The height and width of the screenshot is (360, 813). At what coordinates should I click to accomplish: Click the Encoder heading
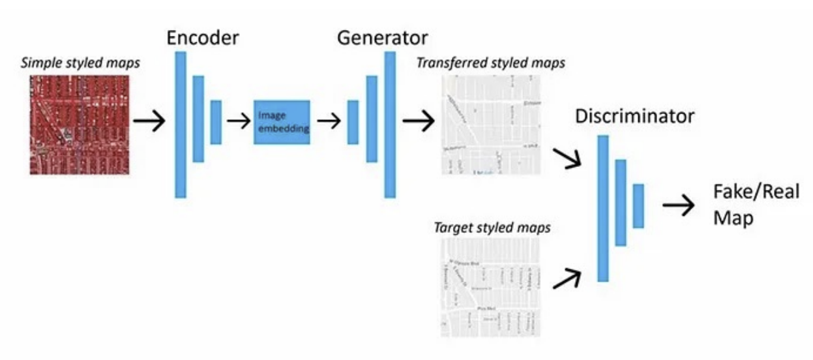203,37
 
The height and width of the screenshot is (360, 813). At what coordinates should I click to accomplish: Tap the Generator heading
383,37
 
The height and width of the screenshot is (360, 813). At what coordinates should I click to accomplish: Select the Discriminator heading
634,117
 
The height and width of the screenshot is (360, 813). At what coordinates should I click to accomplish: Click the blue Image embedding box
282,122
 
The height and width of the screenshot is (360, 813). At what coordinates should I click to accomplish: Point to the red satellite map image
80,124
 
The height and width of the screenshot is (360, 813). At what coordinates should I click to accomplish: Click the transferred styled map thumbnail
491,125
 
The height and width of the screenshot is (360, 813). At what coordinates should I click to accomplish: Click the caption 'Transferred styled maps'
490,63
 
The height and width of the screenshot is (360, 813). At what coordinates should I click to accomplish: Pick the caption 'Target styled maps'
492,228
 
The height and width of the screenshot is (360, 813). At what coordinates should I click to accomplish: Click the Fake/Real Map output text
756,205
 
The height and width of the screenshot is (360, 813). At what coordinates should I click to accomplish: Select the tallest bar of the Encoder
181,125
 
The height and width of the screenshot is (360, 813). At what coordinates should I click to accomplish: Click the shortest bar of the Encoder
216,122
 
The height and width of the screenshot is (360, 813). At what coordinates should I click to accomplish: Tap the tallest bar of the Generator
390,125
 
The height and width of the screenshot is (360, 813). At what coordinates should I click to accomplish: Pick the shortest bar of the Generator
353,122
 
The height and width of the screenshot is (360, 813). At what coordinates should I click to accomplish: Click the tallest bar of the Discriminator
602,209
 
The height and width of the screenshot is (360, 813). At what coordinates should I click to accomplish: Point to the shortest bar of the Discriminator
638,206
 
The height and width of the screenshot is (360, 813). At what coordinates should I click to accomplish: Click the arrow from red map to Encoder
149,122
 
